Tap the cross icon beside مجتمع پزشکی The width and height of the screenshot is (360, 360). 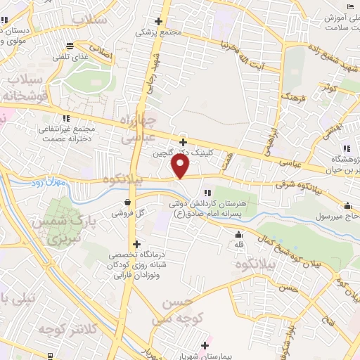[x=160, y=21]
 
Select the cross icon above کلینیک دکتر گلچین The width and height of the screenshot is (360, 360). [x=183, y=142]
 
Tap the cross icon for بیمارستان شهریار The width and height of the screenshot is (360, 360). [x=205, y=345]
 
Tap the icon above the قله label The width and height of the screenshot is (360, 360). [x=240, y=235]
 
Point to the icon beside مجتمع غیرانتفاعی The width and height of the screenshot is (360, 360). [x=66, y=118]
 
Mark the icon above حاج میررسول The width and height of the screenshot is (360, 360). [x=348, y=206]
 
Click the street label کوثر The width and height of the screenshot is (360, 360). [x=329, y=88]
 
